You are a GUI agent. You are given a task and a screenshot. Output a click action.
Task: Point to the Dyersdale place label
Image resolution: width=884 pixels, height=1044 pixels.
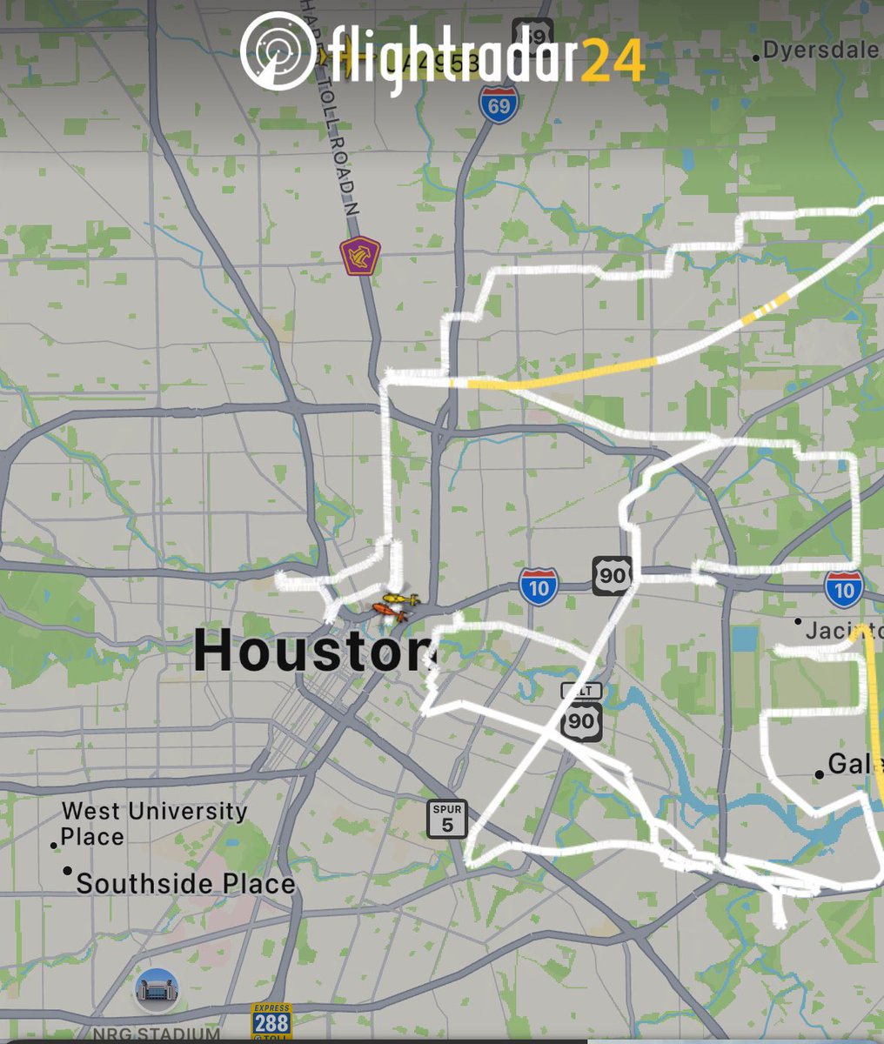click(x=820, y=50)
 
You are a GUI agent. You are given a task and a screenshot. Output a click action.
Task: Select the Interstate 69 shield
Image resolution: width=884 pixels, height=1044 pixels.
click(x=496, y=104)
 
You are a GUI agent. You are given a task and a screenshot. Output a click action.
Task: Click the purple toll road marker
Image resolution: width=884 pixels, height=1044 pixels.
click(x=359, y=256)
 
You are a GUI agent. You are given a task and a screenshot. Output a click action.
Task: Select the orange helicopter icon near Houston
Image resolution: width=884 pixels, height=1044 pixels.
click(x=389, y=612)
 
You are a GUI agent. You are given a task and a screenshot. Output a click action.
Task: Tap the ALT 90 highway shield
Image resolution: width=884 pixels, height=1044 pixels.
click(x=581, y=713)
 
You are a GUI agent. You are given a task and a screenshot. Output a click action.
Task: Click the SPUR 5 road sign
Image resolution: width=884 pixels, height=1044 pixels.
click(x=447, y=819)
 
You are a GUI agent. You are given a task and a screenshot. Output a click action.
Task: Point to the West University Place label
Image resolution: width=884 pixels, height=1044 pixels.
click(x=154, y=824)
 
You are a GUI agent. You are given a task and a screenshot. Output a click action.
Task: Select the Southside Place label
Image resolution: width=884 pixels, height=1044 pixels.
click(x=185, y=884)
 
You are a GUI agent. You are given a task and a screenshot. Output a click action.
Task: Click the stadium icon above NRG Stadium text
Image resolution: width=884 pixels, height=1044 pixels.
click(x=157, y=989)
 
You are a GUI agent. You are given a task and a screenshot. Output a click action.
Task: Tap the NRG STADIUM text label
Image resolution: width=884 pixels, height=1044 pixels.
click(x=156, y=1034)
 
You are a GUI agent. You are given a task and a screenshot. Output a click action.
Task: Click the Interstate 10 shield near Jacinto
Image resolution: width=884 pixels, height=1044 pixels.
click(x=844, y=588)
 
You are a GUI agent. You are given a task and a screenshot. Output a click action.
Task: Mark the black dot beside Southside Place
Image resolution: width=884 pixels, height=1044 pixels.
click(x=68, y=871)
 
